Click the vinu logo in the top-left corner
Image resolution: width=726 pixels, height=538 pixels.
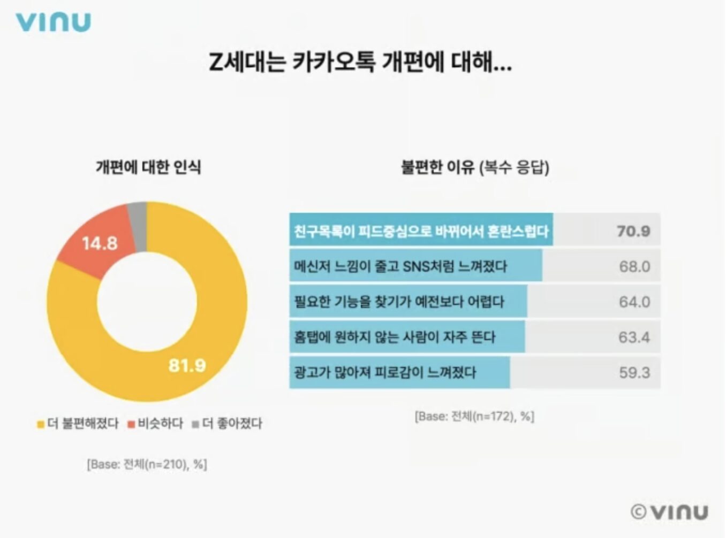(53, 22)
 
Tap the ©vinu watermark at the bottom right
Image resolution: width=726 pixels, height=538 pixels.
(670, 512)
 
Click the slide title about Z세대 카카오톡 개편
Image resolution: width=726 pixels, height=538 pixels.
(360, 62)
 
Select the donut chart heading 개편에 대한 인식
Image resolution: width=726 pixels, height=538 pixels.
(148, 167)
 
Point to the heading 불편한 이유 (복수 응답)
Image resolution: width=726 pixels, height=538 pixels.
(475, 167)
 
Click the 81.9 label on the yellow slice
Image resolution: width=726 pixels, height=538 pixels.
(187, 365)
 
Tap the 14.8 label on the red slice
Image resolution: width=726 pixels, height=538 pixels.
(100, 243)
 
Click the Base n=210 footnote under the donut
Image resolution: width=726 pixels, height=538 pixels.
(147, 464)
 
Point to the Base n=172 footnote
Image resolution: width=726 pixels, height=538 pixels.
(474, 416)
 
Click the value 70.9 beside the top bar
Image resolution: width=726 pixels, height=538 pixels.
(633, 231)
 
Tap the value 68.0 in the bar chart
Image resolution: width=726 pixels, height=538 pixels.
(634, 266)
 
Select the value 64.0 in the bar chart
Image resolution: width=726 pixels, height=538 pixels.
(634, 302)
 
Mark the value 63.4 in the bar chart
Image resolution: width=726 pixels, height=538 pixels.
(634, 337)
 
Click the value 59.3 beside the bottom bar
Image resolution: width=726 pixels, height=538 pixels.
(634, 372)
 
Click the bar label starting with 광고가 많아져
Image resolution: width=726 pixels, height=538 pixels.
(385, 372)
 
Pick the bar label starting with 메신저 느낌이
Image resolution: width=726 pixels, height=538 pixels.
(400, 266)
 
